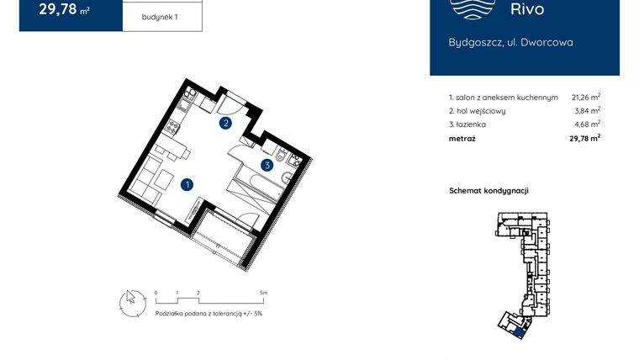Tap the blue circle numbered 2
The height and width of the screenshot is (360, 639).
tap(225, 124)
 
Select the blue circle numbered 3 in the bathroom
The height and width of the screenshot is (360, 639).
tap(267, 166)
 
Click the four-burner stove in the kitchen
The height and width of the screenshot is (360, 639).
tap(174, 128)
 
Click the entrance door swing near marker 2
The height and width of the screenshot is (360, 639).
tap(228, 104)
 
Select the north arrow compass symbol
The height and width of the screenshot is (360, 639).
tap(131, 301)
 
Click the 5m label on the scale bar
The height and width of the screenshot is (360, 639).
tap(263, 293)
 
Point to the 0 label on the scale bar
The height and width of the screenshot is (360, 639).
tap(156, 293)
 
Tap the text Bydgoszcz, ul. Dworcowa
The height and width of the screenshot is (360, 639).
tap(510, 42)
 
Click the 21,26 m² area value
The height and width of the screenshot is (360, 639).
tap(585, 98)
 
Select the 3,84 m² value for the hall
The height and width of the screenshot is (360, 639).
tap(587, 111)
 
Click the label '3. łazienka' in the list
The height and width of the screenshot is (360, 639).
tap(468, 124)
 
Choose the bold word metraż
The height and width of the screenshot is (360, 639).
tap(462, 139)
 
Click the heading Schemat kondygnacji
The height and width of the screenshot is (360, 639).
tap(488, 191)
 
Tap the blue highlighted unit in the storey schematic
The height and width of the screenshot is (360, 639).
tap(521, 331)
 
